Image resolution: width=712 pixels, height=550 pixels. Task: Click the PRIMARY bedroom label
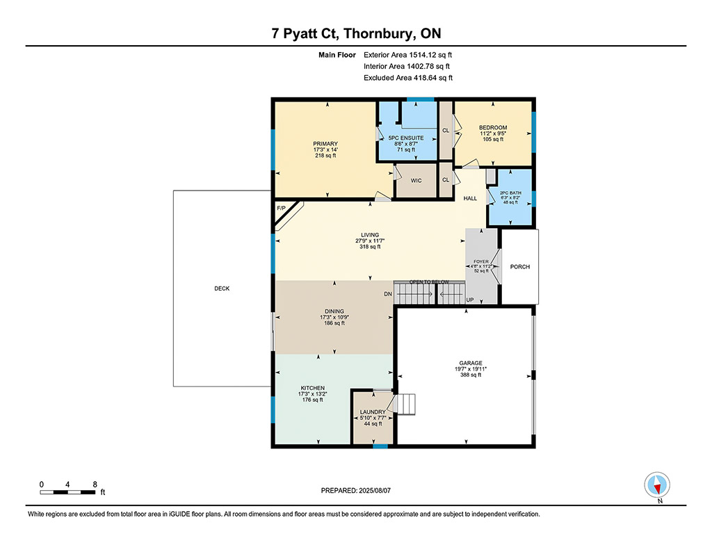click(x=325, y=144)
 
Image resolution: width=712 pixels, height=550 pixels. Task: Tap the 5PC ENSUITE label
click(x=406, y=138)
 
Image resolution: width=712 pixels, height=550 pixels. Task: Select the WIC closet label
click(x=416, y=181)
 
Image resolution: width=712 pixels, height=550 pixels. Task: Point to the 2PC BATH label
click(x=511, y=193)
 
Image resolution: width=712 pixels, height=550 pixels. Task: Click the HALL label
click(x=470, y=198)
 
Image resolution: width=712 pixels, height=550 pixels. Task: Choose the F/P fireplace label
click(x=282, y=209)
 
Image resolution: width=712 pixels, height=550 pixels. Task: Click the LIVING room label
click(x=370, y=235)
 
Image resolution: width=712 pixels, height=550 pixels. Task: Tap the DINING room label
click(x=334, y=312)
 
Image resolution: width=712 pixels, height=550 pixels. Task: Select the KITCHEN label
click(x=312, y=388)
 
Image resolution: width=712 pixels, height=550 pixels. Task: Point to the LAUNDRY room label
click(x=373, y=412)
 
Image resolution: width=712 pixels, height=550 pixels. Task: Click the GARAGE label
click(x=471, y=364)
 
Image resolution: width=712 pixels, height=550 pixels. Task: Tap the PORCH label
click(x=520, y=267)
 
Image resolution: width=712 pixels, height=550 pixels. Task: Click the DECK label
click(x=222, y=289)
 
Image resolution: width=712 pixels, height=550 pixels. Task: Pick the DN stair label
click(x=388, y=294)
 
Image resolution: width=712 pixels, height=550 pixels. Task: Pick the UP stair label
click(x=470, y=300)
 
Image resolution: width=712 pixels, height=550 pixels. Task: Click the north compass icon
click(x=657, y=485)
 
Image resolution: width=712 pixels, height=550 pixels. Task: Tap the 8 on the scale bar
click(x=95, y=485)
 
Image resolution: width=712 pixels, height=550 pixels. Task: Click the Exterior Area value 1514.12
click(x=423, y=55)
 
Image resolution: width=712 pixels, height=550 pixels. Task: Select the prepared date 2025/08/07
click(x=375, y=490)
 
